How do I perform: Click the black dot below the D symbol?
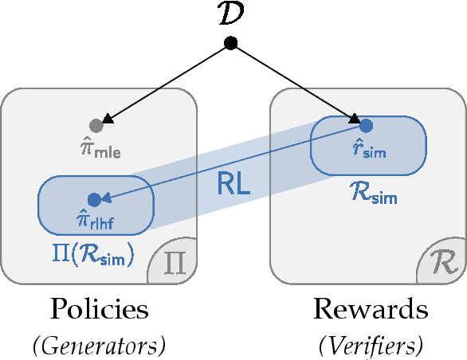[x=230, y=43]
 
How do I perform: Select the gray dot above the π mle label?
[x=96, y=125]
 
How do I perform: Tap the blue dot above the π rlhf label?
[x=94, y=199]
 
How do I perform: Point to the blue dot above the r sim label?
[x=366, y=125]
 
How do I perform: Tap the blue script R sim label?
[x=372, y=192]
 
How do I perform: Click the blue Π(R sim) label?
[x=92, y=256]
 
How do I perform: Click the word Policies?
[x=99, y=311]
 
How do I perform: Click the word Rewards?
[x=370, y=311]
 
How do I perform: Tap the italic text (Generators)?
[x=99, y=345]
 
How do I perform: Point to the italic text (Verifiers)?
[x=370, y=345]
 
